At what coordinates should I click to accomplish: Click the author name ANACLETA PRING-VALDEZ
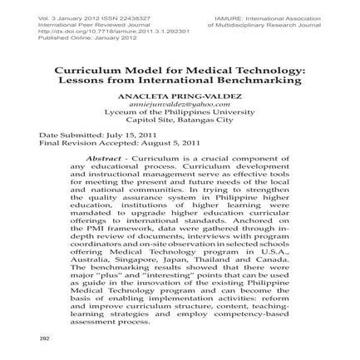(x=180, y=96)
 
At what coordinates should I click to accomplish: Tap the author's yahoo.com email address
(x=180, y=103)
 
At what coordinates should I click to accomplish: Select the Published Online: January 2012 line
(x=76, y=37)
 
